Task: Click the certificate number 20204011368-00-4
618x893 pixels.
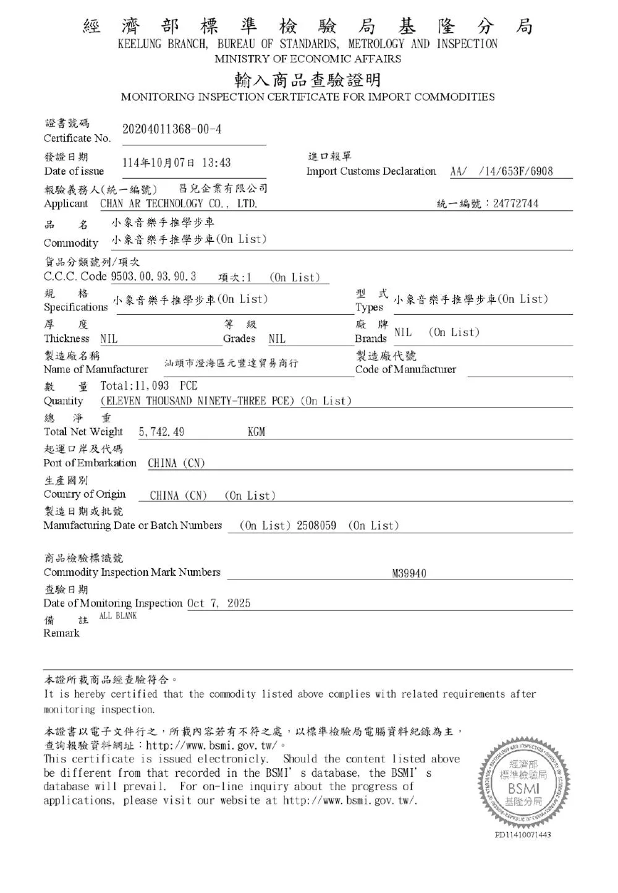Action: click(x=172, y=129)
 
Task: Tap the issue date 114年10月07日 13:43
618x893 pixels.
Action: click(x=176, y=163)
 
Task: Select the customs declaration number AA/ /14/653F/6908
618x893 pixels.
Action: click(x=501, y=171)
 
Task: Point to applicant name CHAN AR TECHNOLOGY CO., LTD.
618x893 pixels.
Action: click(x=179, y=203)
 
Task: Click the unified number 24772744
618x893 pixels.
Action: click(x=515, y=203)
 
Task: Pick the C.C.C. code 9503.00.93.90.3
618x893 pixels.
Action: click(x=153, y=276)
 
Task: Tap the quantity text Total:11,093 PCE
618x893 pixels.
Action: click(x=149, y=386)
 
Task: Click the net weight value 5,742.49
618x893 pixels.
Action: click(x=161, y=432)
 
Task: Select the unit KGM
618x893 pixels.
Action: click(x=256, y=432)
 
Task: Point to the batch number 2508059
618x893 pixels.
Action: click(x=316, y=526)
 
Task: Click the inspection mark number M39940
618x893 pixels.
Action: click(x=409, y=573)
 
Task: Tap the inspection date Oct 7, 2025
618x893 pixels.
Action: click(x=219, y=603)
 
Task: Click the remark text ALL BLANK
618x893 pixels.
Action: click(x=118, y=616)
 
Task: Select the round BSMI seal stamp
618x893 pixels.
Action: click(x=523, y=781)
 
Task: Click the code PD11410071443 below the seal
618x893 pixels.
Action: click(x=523, y=835)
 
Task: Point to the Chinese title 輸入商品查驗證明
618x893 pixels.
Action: click(x=307, y=80)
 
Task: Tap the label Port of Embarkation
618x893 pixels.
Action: click(x=90, y=463)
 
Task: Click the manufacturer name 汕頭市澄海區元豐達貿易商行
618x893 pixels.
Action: click(x=231, y=364)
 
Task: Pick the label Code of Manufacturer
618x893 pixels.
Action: click(x=405, y=369)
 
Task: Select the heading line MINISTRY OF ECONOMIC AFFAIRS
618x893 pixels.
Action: click(x=308, y=59)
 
